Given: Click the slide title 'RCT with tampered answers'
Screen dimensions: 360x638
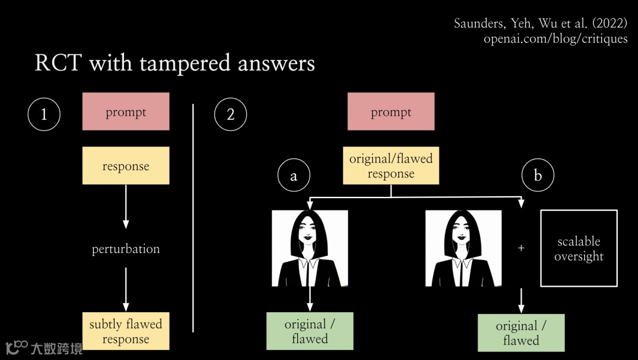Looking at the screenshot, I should [175, 63].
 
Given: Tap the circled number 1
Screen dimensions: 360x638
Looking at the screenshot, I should [44, 114].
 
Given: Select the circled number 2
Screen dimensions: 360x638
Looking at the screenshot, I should [230, 114].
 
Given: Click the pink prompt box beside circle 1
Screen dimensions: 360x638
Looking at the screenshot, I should [126, 111].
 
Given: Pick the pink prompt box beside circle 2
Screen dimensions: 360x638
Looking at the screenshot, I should [391, 111].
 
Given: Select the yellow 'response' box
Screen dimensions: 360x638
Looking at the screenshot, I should [126, 166].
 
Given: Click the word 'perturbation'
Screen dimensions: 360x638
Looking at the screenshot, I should [126, 249].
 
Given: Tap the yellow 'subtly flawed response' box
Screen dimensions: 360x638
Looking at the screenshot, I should [126, 331].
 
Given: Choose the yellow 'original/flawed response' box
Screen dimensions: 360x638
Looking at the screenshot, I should [391, 166].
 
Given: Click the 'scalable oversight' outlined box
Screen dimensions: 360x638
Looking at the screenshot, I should [579, 248].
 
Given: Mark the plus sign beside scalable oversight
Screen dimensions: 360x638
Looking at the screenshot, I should [521, 248].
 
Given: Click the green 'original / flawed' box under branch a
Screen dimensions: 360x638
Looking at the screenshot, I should [310, 331].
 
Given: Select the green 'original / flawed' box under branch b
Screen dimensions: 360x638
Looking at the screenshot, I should [521, 333].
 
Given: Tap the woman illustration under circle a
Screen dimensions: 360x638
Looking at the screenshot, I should [310, 248].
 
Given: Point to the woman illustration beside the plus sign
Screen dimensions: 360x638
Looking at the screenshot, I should [464, 248].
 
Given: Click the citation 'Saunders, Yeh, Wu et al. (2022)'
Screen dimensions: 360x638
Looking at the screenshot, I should [541, 24].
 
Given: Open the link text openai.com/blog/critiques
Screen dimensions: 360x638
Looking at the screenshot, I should [555, 39].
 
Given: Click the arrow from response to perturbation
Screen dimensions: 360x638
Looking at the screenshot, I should [126, 207].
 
